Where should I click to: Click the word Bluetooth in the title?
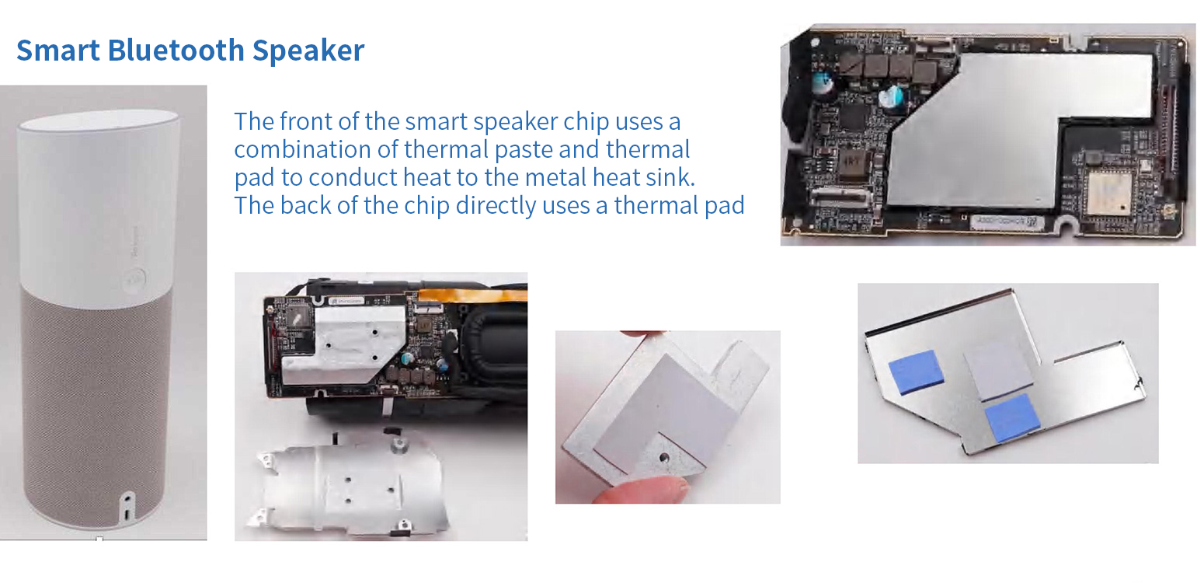click(x=176, y=51)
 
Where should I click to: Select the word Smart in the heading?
click(x=58, y=51)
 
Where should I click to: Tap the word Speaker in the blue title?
click(x=308, y=51)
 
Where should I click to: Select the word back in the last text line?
click(x=305, y=205)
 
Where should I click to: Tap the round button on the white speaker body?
click(x=134, y=280)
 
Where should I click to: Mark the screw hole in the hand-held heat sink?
click(x=665, y=458)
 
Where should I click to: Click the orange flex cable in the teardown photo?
click(x=472, y=295)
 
